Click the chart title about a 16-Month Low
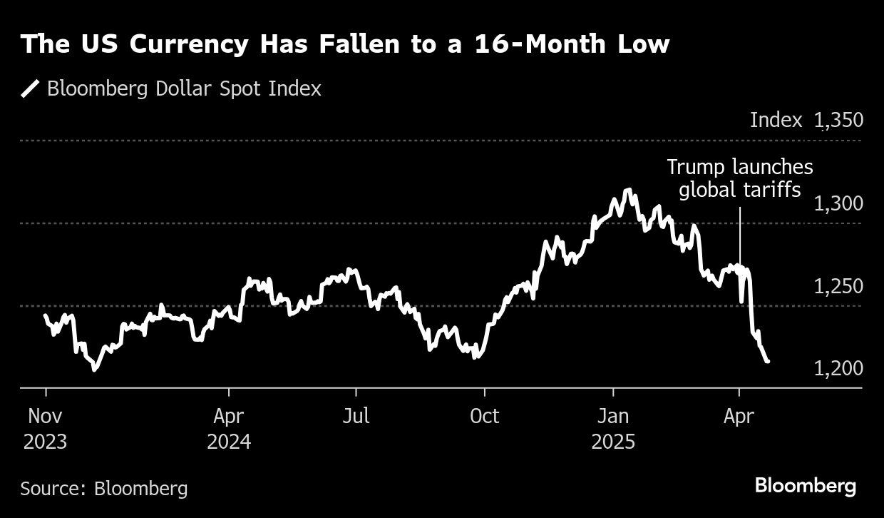pos(346,44)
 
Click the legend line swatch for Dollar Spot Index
pos(31,89)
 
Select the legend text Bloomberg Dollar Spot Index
pos(184,89)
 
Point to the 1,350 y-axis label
pos(838,120)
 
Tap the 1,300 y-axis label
pos(838,203)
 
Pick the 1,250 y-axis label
pos(838,286)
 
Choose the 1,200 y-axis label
pos(838,369)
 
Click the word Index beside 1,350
pos(776,120)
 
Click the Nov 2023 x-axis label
pos(46,429)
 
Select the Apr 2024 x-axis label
pos(229,429)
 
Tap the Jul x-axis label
pos(355,416)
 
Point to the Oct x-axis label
pos(484,416)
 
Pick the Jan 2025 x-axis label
pos(612,429)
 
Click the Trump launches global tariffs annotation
pos(739,178)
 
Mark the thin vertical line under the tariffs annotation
pos(739,235)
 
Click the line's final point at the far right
pos(768,362)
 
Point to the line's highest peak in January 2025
pos(628,190)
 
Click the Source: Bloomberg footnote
pos(104,489)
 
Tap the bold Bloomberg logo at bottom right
pos(805,487)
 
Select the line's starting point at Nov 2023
pos(46,315)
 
